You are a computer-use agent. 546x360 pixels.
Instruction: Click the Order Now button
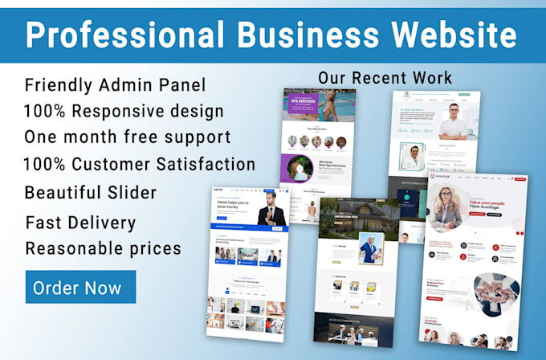[80, 287]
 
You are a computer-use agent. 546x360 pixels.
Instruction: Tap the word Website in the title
[454, 35]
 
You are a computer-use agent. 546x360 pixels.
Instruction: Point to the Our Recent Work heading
[385, 78]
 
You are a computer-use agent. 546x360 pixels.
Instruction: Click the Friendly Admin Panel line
[115, 84]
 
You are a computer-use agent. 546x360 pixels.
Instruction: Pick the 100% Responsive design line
[124, 111]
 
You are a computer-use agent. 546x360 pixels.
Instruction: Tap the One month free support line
[128, 137]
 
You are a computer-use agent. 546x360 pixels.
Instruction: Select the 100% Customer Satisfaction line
[140, 165]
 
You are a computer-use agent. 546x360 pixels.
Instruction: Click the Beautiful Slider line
[90, 193]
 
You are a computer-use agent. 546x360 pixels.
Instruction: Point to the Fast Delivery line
[80, 223]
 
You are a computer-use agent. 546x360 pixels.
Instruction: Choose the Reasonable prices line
[103, 248]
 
